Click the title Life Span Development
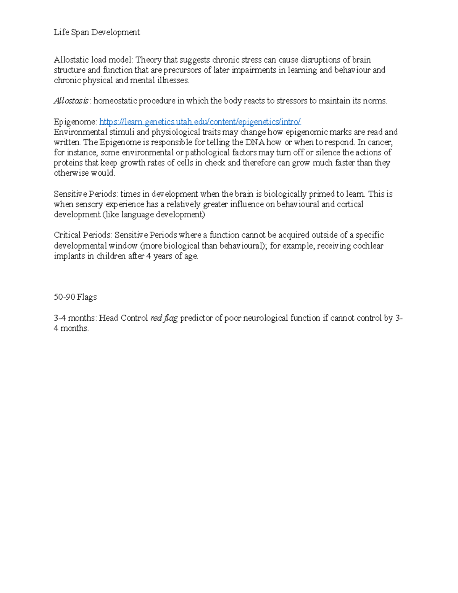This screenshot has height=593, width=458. [x=97, y=32]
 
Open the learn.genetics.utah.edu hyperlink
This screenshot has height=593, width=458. [x=200, y=122]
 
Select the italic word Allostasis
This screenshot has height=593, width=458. [x=71, y=101]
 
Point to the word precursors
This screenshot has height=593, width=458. [x=182, y=70]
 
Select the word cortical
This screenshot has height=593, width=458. [x=350, y=204]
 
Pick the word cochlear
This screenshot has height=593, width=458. [x=368, y=246]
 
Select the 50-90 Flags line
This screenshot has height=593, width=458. [x=75, y=297]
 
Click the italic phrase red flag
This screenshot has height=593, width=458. [x=164, y=318]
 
